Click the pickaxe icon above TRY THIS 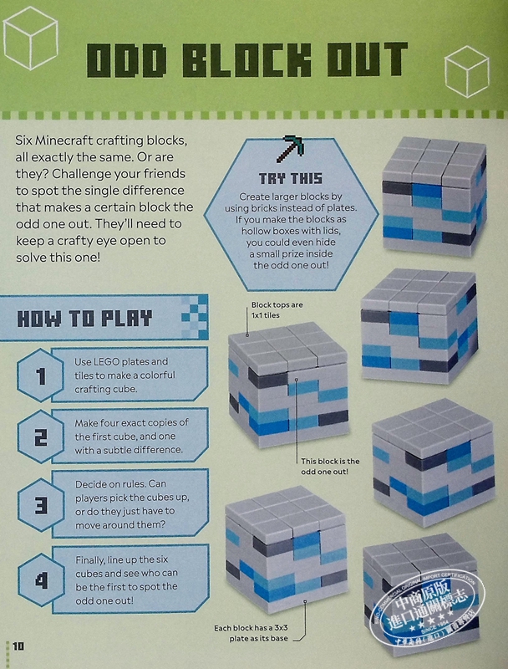291,150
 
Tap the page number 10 18,646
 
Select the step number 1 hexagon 40,375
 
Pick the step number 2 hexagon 40,437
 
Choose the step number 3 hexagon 40,505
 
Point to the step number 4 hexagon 41,580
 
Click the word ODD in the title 126,59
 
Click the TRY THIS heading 291,178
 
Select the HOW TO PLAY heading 84,319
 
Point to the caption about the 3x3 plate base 251,633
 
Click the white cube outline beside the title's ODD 30,38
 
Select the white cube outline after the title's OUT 467,73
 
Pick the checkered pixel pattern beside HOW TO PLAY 195,317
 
